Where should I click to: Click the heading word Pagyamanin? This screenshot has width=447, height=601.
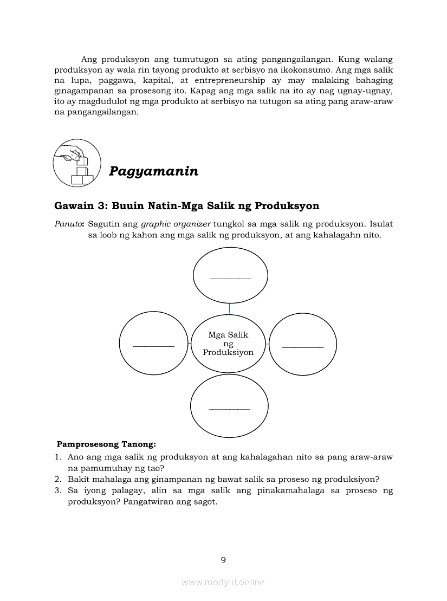pyautogui.click(x=153, y=171)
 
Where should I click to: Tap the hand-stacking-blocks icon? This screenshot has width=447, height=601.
pyautogui.click(x=76, y=163)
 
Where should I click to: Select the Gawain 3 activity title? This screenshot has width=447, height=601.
pyautogui.click(x=186, y=205)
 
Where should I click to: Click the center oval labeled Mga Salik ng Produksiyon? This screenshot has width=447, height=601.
pyautogui.click(x=228, y=344)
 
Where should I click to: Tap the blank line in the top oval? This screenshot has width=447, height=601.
pyautogui.click(x=230, y=279)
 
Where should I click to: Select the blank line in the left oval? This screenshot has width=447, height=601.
pyautogui.click(x=153, y=345)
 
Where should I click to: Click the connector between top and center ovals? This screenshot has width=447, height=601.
pyautogui.click(x=230, y=308)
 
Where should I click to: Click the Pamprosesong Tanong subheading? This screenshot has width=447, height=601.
pyautogui.click(x=106, y=444)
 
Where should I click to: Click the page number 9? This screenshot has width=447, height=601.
pyautogui.click(x=223, y=560)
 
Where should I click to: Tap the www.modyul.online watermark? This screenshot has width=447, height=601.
pyautogui.click(x=223, y=583)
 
